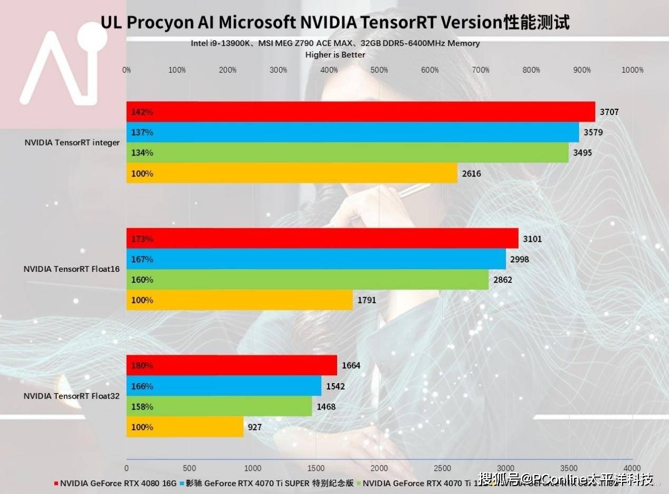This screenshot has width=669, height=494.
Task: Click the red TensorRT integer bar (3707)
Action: pos(360,112)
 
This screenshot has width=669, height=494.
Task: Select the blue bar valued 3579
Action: pos(352,132)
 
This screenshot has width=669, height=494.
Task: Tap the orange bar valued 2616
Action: pos(292,173)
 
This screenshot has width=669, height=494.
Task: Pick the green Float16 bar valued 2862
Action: pos(308,280)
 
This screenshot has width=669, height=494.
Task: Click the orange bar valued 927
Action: pos(185,427)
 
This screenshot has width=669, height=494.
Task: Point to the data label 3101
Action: pos(532,239)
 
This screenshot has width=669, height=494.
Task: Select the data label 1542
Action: pos(336,386)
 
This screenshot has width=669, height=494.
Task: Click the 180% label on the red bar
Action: pos(142,365)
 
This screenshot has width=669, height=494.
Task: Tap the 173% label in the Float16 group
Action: pos(142,239)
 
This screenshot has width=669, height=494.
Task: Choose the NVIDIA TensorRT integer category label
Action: pos(72,142)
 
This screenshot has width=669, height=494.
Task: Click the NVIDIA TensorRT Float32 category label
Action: pos(72,395)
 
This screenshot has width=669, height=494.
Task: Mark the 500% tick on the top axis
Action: pos(379,70)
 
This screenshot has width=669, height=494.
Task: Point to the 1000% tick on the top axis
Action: pos(633,70)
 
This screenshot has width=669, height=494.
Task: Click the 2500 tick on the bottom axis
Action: pos(442,468)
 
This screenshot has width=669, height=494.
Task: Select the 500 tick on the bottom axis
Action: pos(189,468)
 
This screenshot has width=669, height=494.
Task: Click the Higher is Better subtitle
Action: pos(335,54)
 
